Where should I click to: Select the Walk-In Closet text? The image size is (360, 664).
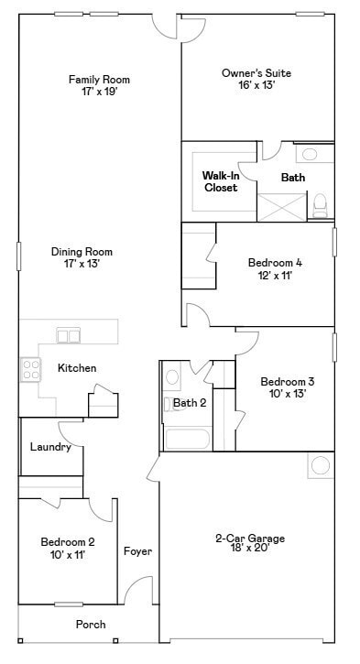point(220,180)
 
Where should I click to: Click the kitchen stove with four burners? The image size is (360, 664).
point(30,369)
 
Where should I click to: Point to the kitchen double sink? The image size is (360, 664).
point(69,335)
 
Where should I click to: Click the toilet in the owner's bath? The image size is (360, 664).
point(321,203)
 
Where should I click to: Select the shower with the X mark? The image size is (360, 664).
point(281,206)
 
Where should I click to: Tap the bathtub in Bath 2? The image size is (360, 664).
point(188,437)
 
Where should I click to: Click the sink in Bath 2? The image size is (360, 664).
point(171,376)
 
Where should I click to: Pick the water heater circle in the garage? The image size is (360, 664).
point(320,465)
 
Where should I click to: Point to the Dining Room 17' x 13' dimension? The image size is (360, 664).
point(82,264)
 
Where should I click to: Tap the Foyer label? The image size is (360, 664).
point(137,551)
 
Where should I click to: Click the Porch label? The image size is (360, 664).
point(90,625)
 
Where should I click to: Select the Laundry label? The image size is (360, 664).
point(49,447)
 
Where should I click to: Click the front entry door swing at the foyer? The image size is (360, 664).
point(140,591)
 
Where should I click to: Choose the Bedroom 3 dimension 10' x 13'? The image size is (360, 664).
point(287,394)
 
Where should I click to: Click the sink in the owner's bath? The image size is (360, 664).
point(311,154)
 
